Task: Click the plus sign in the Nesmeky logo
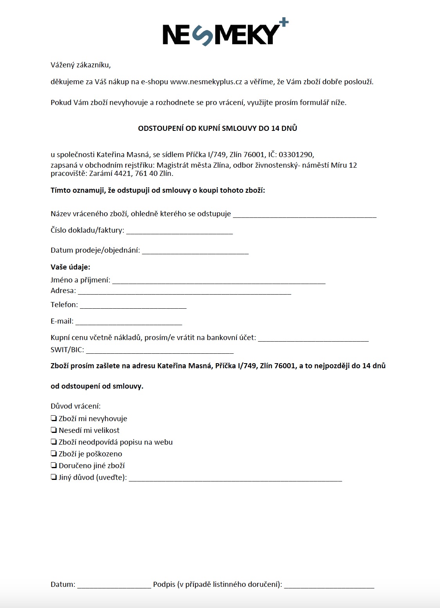284,23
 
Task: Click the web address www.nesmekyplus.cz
206,82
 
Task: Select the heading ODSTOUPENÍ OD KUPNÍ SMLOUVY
217,128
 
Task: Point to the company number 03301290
296,155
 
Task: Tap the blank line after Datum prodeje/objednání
195,251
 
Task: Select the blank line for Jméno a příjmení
218,281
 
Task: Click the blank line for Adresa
184,291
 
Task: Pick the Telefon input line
133,306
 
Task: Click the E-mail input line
128,322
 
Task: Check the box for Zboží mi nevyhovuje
54,418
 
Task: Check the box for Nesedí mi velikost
54,430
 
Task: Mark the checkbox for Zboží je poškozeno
54,454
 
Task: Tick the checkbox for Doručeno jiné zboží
54,465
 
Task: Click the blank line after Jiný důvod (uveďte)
235,478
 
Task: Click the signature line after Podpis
329,585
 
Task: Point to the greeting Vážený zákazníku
81,65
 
